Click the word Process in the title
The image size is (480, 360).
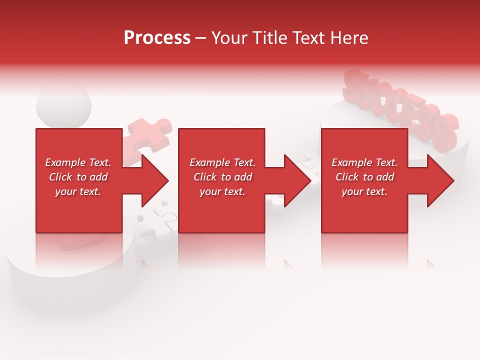point(157,38)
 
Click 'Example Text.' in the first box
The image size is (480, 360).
point(78,162)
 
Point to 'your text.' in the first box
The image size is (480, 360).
point(78,191)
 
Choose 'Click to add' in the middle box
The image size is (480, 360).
point(222,177)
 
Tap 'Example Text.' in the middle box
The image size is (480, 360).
point(222,162)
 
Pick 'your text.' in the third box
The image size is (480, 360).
point(364,191)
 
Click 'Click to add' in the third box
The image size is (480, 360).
point(364,177)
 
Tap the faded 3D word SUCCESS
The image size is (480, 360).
point(400,107)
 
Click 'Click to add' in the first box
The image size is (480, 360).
point(78,177)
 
